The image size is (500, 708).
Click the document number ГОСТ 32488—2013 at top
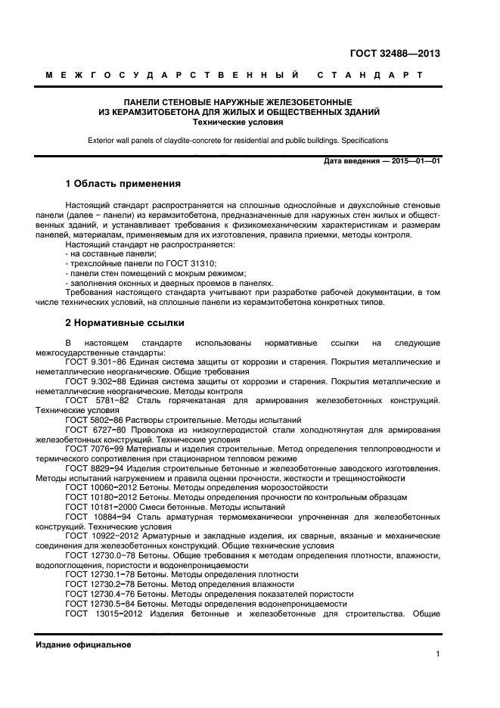394,53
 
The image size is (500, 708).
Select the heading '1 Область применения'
123,183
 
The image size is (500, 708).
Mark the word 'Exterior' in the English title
103,141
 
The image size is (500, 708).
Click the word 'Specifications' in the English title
364,141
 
